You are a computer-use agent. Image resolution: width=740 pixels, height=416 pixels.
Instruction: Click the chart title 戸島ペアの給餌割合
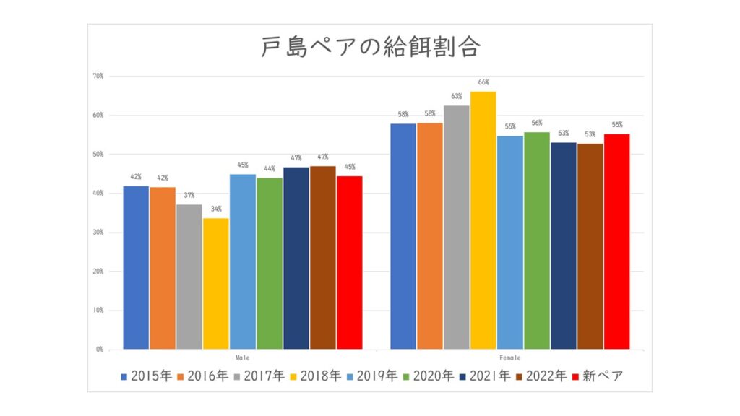(x=370, y=48)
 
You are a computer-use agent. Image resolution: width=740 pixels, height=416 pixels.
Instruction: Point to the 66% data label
(x=483, y=82)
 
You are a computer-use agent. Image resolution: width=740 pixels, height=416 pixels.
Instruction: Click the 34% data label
(x=216, y=209)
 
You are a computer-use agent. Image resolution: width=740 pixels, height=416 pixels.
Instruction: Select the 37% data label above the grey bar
(x=189, y=196)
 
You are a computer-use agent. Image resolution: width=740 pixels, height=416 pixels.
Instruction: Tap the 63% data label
(x=457, y=97)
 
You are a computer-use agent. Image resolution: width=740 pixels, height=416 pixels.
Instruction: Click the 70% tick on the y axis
(x=99, y=76)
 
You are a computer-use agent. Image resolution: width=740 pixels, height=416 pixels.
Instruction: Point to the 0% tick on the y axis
(x=100, y=350)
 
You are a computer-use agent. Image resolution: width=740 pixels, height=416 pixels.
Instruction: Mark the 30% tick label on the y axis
(x=99, y=233)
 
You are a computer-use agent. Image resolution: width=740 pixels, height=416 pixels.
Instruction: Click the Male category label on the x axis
(x=243, y=357)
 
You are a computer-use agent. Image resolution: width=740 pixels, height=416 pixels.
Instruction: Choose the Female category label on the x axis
(x=510, y=357)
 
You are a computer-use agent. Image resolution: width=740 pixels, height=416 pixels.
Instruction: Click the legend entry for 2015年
(x=147, y=376)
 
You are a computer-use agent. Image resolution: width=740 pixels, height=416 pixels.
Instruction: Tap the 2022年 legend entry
(x=543, y=376)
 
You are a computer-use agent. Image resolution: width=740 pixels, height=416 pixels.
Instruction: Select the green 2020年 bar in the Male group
(x=270, y=264)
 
